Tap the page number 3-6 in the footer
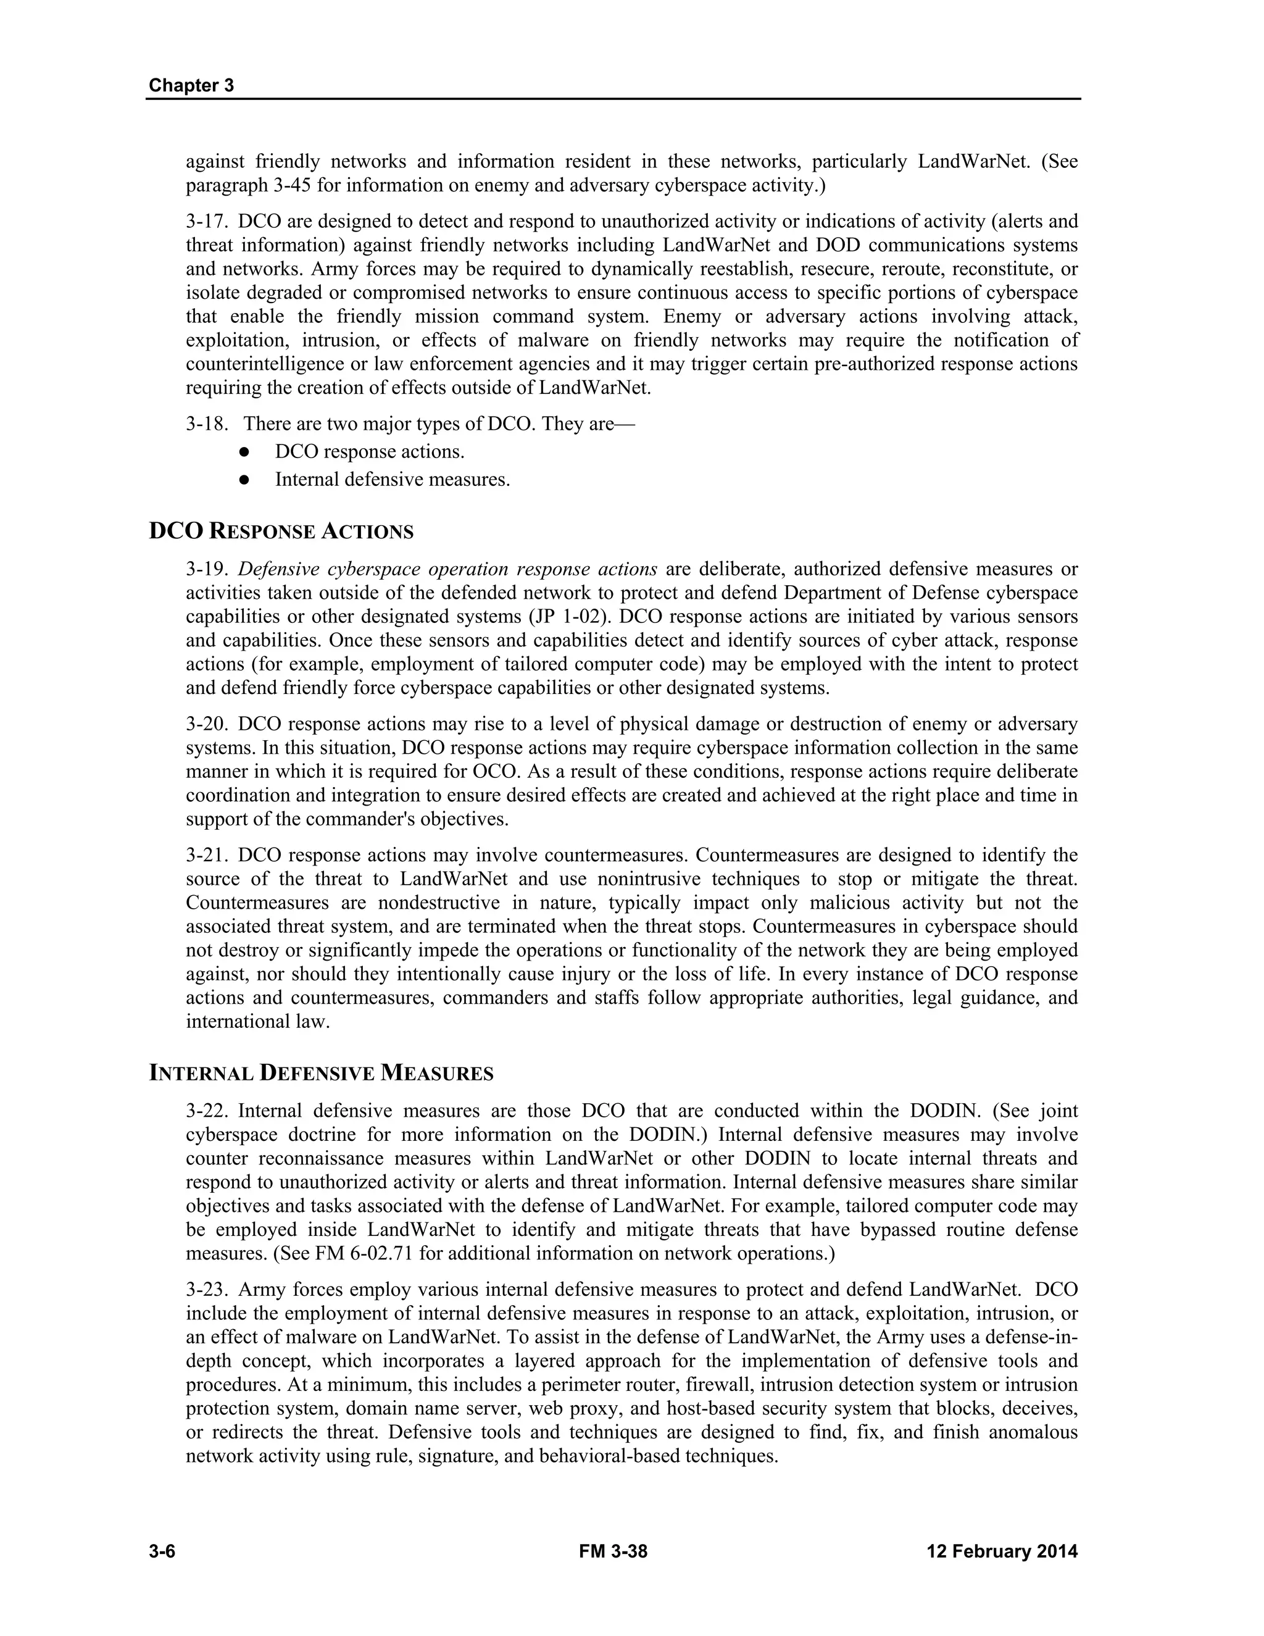[162, 1551]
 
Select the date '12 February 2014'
[1002, 1551]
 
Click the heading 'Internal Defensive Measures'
[321, 1074]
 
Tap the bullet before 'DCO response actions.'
[243, 453]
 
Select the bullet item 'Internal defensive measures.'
[393, 480]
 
